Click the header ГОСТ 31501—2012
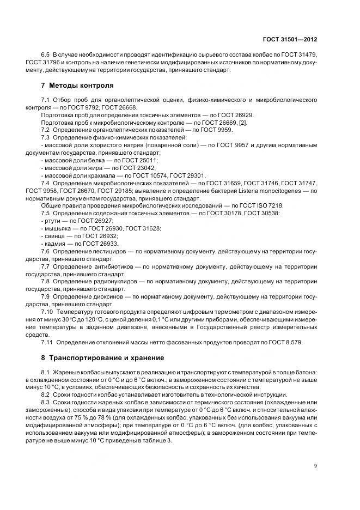click(289, 39)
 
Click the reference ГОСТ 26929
click(236, 115)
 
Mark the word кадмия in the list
click(56, 243)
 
